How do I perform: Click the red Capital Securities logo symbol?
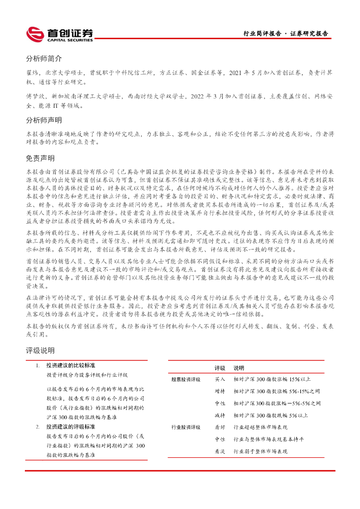(35, 34)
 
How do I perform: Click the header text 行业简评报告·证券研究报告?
(285, 34)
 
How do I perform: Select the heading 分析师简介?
(44, 58)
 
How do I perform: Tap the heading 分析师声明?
(44, 120)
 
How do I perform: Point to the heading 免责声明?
(40, 159)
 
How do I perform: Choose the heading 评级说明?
(40, 350)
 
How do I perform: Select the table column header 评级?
(220, 368)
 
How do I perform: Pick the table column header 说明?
(239, 368)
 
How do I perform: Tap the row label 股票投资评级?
(186, 379)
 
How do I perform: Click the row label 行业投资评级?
(186, 427)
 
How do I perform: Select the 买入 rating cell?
(220, 379)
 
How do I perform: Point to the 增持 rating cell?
(220, 391)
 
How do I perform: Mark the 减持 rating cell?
(220, 415)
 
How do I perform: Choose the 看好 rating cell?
(220, 427)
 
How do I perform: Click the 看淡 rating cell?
(220, 451)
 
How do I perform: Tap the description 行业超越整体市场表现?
(261, 427)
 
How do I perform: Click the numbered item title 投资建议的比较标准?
(71, 366)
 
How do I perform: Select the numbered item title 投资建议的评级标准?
(71, 426)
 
